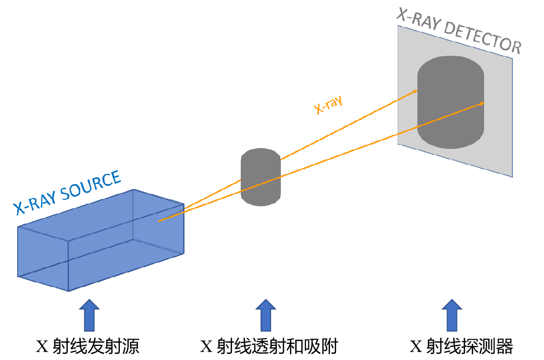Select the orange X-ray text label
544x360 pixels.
coord(328,105)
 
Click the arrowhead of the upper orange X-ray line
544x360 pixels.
coord(416,91)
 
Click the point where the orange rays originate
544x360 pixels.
coord(159,221)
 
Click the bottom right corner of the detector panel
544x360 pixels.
coord(512,177)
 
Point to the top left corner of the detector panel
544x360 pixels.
coord(399,26)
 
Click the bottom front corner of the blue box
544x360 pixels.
coord(68,291)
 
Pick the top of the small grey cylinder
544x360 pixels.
coord(261,152)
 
